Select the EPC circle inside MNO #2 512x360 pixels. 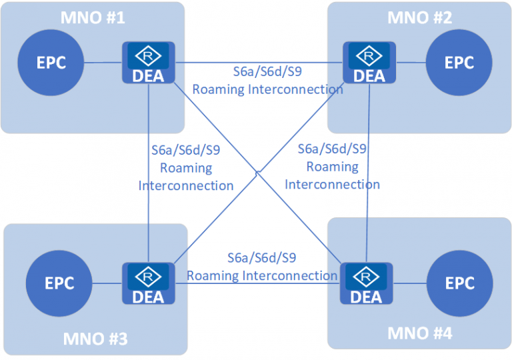point(459,63)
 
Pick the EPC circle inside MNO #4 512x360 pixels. point(459,283)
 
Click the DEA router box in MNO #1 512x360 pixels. point(148,63)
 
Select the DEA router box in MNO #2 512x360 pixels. point(369,63)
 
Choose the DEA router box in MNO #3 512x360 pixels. point(148,283)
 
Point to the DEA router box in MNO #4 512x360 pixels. point(366,283)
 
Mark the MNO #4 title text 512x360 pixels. point(420,331)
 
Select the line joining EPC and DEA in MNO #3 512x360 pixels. point(107,283)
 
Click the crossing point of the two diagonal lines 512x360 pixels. point(257,172)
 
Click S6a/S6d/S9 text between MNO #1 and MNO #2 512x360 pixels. point(264,73)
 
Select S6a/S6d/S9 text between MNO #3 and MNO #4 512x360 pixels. point(261,258)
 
